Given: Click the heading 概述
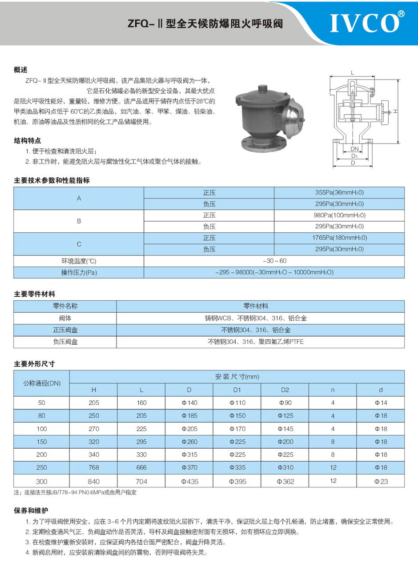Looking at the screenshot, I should pyautogui.click(x=20, y=70).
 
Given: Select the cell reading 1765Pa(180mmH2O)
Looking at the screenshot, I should pyautogui.click(x=339, y=238).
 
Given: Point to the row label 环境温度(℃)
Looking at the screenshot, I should pyautogui.click(x=79, y=261).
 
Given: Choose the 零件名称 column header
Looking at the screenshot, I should pyautogui.click(x=65, y=306).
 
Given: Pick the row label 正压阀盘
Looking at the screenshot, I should pyautogui.click(x=65, y=330).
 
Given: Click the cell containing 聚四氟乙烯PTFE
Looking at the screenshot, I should pyautogui.click(x=260, y=342).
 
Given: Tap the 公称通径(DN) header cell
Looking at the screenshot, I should pyautogui.click(x=42, y=383).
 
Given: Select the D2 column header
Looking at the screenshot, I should pyautogui.click(x=285, y=390).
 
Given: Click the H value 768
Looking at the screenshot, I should pyautogui.click(x=93, y=467).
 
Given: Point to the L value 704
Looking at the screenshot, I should pyautogui.click(x=141, y=481).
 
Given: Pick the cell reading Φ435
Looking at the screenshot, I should pyautogui.click(x=189, y=481).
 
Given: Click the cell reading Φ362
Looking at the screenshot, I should pyautogui.click(x=285, y=481).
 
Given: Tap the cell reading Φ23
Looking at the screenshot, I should pyautogui.click(x=381, y=481).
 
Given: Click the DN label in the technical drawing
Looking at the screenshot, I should pyautogui.click(x=354, y=149).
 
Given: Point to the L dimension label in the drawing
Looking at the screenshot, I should pyautogui.click(x=352, y=72).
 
